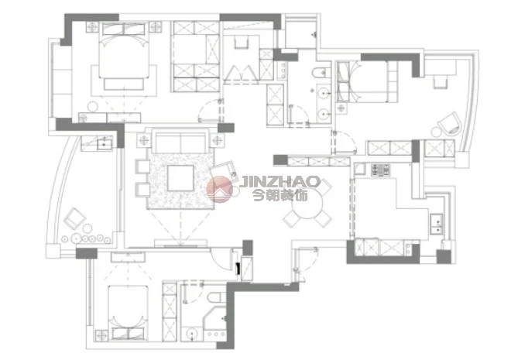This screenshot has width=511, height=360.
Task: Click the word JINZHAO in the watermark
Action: pyautogui.click(x=280, y=182)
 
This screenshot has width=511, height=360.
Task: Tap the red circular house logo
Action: pyautogui.click(x=220, y=189)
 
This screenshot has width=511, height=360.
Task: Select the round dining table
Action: pyautogui.click(x=307, y=204)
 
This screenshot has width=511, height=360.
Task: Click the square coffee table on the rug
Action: pyautogui.click(x=180, y=178)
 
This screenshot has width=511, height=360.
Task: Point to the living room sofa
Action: pyautogui.click(x=181, y=141)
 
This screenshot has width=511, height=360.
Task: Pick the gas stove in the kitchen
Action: pyautogui.click(x=380, y=170)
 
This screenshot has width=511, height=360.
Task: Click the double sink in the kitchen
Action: pyautogui.click(x=437, y=224)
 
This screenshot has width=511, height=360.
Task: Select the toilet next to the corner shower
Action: pyautogui.click(x=217, y=297)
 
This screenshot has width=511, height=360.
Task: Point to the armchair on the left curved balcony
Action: pyautogui.click(x=74, y=218)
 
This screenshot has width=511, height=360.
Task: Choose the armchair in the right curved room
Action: pyautogui.click(x=449, y=123)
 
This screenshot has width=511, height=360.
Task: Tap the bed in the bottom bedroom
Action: pyautogui.click(x=128, y=313)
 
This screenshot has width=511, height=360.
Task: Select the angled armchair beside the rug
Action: pyautogui.click(x=225, y=172)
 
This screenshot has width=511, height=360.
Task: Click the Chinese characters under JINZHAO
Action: pyautogui.click(x=280, y=195)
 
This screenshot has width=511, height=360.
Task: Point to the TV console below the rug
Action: pyautogui.click(x=181, y=242)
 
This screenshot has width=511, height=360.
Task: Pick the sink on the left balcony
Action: pyautogui.click(x=104, y=143)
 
